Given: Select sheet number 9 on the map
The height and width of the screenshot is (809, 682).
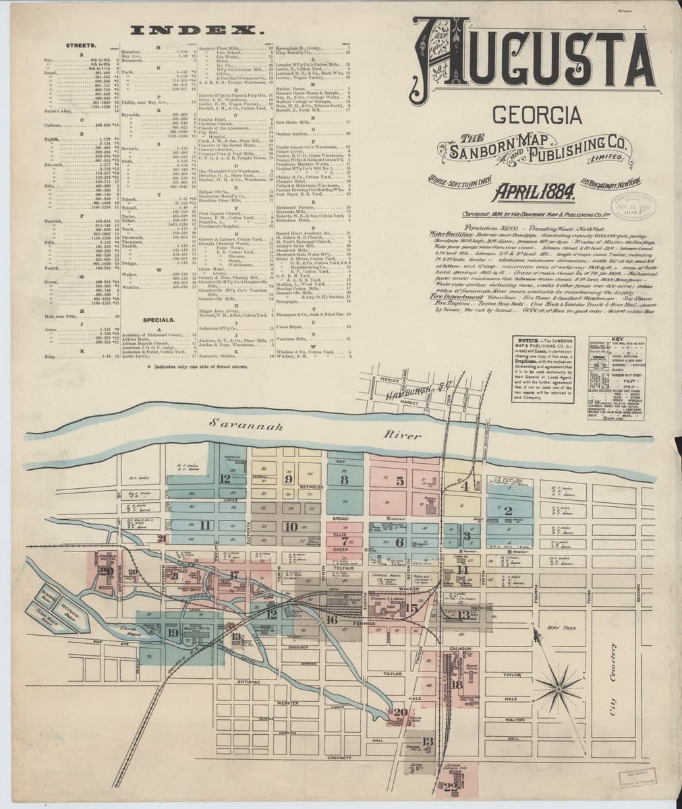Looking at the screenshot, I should pos(289,479).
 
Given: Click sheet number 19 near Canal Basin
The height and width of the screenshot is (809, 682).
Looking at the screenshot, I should pos(173,632).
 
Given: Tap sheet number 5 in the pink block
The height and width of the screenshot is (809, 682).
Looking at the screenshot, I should pos(399,481).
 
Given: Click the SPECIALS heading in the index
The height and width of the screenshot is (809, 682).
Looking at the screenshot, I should pos(159,320).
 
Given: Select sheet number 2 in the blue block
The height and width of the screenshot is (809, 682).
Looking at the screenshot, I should pos(509,510).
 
